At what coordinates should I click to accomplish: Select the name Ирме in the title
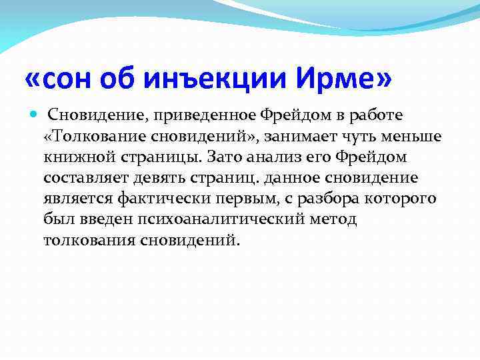[346, 81]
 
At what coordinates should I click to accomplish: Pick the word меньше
[416, 137]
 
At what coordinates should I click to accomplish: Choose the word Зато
[223, 157]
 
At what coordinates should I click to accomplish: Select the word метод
[331, 219]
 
